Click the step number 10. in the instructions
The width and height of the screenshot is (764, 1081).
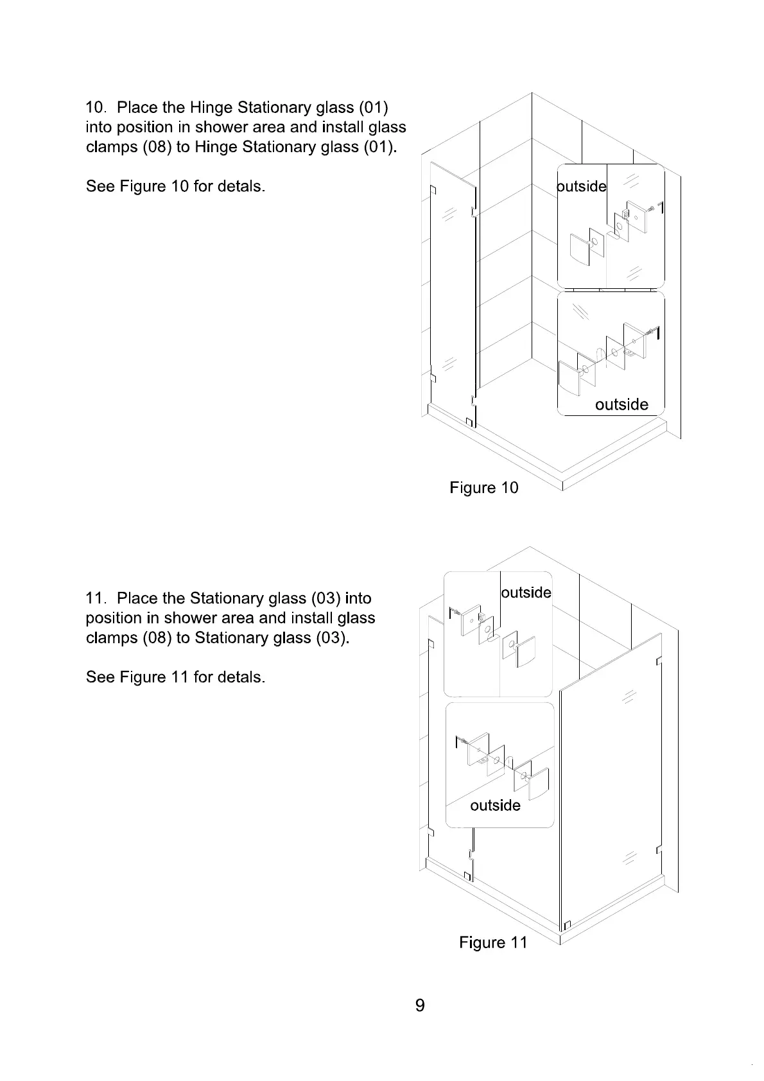click(98, 107)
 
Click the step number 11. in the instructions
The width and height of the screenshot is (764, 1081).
click(98, 598)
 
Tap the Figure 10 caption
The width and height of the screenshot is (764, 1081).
click(483, 488)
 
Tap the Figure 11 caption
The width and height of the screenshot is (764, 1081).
click(492, 942)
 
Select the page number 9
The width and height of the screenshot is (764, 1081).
click(420, 1005)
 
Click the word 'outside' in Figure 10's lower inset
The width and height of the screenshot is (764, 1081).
click(621, 404)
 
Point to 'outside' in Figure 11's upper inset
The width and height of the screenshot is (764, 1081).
click(526, 592)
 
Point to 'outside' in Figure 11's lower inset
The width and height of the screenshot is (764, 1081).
click(495, 805)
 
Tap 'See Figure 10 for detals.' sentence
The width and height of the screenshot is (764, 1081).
click(175, 187)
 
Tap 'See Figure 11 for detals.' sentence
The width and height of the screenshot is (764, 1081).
click(175, 677)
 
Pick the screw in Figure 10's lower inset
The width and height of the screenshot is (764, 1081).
click(652, 332)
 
